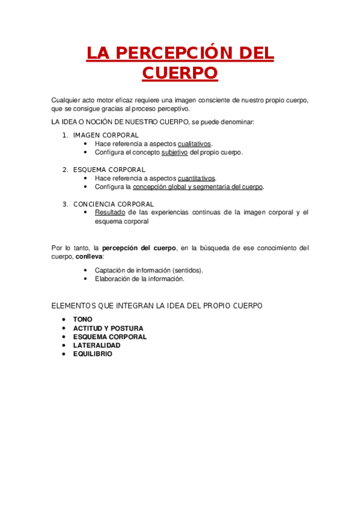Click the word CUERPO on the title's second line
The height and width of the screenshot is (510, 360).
coord(180,73)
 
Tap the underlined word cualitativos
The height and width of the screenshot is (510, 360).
coord(194,144)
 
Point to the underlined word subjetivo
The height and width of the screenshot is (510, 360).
coord(175,152)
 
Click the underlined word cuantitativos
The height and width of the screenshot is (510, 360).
coord(197,178)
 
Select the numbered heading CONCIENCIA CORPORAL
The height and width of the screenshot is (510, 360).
coord(114,204)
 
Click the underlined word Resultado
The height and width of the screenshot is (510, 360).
coord(110,212)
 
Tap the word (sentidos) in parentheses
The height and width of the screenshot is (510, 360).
coord(186,270)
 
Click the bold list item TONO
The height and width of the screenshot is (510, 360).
coord(83,319)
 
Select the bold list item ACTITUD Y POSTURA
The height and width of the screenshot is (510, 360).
coord(108,328)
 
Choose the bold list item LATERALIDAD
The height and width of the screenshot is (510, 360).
coord(97,345)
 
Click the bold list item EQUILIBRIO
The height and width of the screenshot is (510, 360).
coord(93,354)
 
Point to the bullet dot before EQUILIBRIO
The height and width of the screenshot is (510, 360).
coord(64,354)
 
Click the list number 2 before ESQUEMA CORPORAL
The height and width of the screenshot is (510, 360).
coord(65,170)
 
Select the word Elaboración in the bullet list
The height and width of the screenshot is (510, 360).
coord(113,279)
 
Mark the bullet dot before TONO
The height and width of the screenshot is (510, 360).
coord(64,319)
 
